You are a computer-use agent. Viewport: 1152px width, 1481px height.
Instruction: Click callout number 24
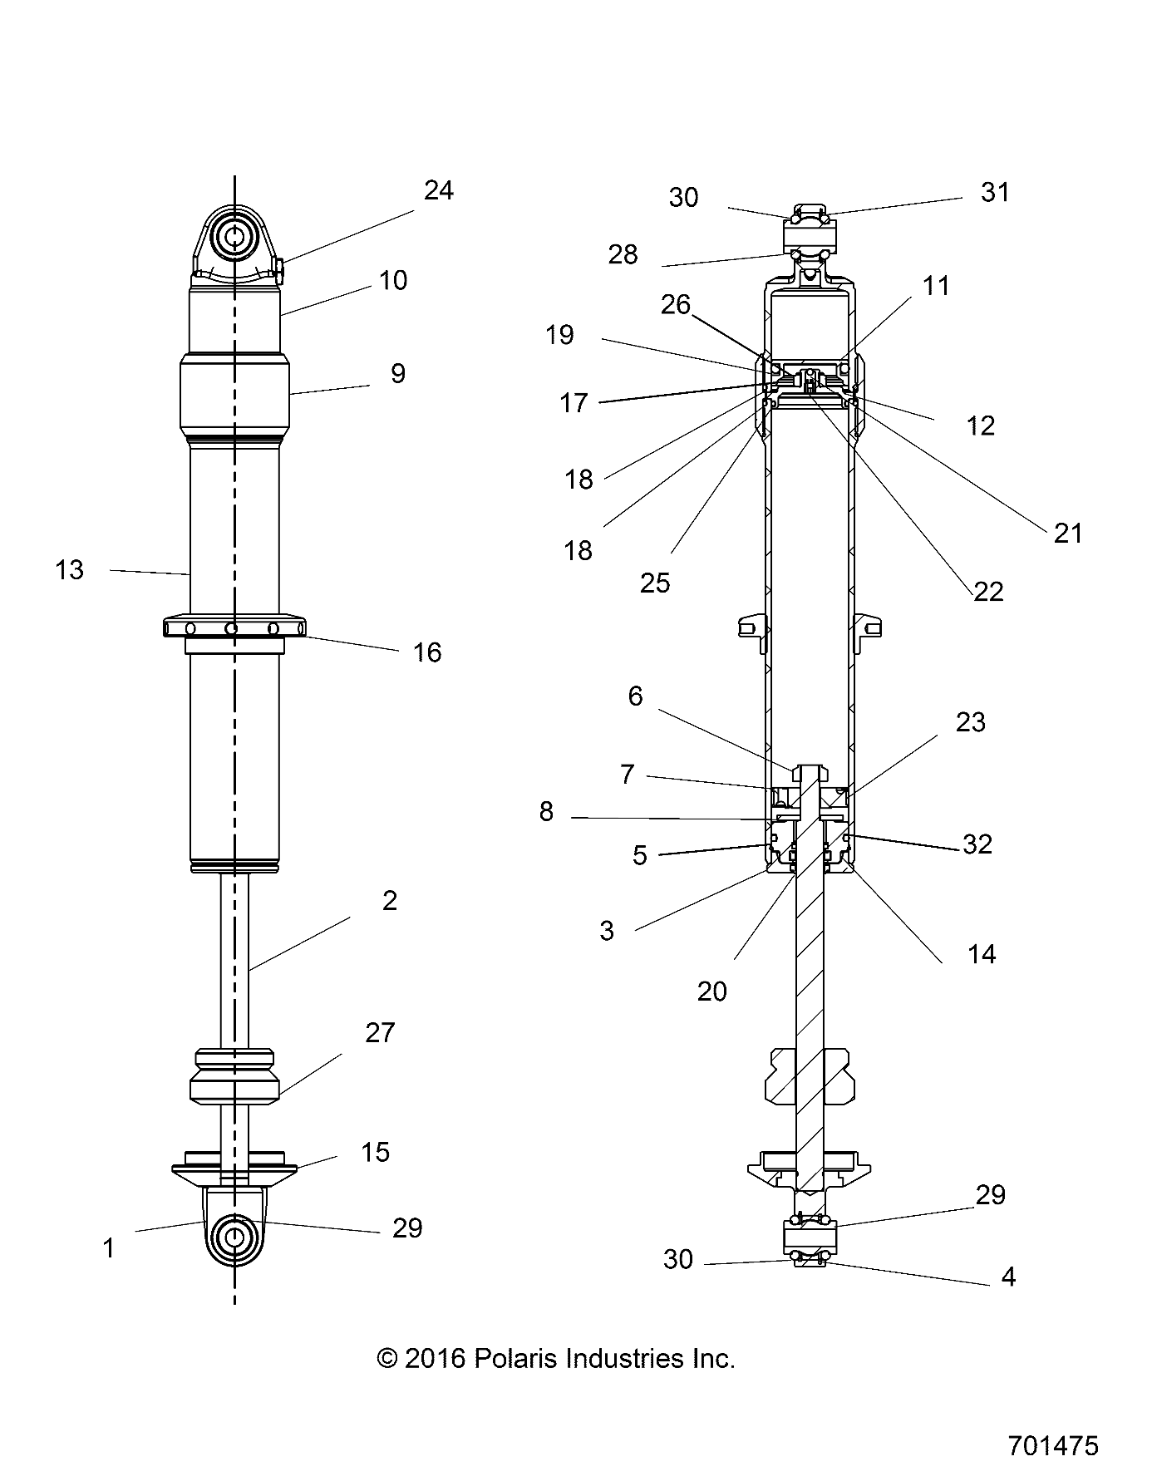tap(438, 191)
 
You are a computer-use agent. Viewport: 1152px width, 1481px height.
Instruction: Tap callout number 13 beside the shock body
tap(70, 570)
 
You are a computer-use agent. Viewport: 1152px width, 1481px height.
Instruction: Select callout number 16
tap(426, 652)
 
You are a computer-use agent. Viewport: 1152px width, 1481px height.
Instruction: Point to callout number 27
tap(380, 1033)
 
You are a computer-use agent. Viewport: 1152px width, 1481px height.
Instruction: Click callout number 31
tap(995, 193)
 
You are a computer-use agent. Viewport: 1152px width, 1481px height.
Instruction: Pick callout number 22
tap(988, 592)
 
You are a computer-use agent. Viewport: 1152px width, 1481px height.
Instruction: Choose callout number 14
tap(981, 954)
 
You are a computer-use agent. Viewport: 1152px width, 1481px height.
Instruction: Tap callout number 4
tap(1008, 1277)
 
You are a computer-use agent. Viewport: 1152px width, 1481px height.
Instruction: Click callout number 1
tap(108, 1247)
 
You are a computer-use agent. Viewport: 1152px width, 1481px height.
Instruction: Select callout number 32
tap(977, 844)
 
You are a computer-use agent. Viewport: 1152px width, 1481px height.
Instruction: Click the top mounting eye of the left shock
tap(234, 235)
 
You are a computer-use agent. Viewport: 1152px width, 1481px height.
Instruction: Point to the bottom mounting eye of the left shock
tap(234, 1237)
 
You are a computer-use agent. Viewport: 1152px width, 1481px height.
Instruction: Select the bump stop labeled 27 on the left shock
tap(234, 1077)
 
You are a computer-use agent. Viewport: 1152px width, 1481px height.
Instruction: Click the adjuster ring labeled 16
tap(234, 627)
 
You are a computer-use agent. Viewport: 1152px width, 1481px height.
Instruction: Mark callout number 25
tap(655, 583)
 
